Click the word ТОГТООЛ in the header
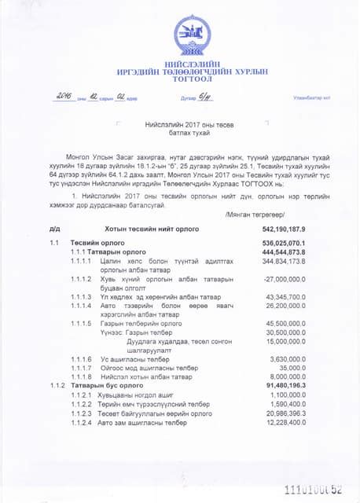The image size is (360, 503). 193,79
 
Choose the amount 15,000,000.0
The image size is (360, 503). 285,342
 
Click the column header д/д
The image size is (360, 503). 54,229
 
